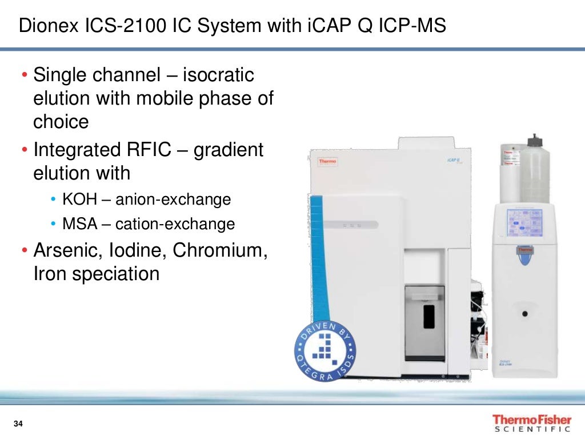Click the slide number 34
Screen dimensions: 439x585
pyautogui.click(x=18, y=424)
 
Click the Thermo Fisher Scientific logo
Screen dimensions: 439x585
pyautogui.click(x=531, y=423)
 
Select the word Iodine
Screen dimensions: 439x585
pyautogui.click(x=137, y=250)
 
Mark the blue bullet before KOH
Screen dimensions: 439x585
pyautogui.click(x=53, y=200)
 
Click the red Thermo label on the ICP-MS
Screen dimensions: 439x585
pyautogui.click(x=328, y=161)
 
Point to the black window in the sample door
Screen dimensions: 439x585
pyautogui.click(x=428, y=316)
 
